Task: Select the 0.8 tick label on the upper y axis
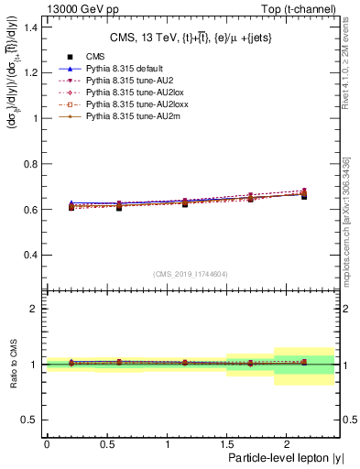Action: [32, 164]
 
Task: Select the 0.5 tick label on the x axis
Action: [106, 443]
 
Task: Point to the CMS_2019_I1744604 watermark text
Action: [190, 273]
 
